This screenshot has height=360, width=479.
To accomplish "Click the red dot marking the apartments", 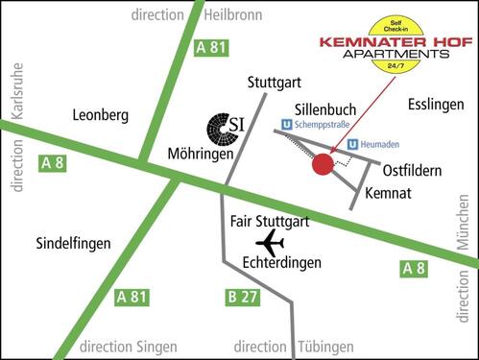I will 323,165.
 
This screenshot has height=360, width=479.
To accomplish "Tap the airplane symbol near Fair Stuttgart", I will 271,242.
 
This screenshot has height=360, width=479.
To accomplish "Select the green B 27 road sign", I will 243,297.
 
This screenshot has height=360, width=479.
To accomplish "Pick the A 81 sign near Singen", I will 132,297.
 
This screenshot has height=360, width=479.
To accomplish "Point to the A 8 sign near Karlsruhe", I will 53,163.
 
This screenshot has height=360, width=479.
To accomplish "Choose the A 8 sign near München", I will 414,269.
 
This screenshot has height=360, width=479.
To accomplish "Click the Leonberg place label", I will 100,115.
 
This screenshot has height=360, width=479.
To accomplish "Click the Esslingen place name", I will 437,104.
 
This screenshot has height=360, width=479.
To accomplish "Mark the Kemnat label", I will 391,193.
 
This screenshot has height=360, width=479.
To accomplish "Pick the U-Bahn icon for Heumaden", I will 352,145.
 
